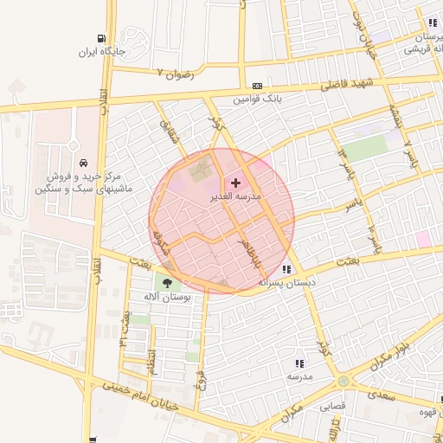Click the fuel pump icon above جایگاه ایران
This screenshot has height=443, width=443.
coord(103,39)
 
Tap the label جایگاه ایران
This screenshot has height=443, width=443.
coord(103,53)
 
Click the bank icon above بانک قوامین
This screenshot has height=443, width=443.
coord(257,86)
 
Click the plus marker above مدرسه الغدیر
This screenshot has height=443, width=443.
coord(235,183)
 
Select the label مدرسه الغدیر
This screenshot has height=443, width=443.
coord(236,196)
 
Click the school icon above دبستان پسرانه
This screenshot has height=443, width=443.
coord(286,269)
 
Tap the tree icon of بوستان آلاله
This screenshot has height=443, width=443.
coord(165,282)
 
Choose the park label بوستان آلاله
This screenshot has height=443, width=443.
coord(168,297)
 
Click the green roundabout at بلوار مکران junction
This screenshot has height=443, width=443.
coord(343,381)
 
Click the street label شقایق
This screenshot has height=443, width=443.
coord(168,131)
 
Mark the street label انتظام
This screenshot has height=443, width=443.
coord(152,357)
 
